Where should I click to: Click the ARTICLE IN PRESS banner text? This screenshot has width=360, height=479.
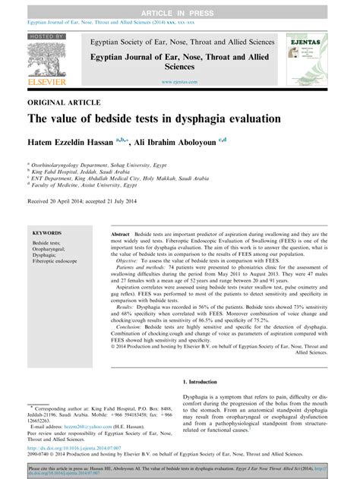coord(180,6)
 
